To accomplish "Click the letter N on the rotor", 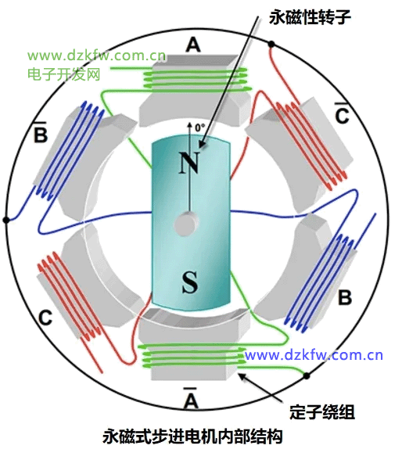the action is click(189, 163).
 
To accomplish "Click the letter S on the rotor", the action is click(190, 282).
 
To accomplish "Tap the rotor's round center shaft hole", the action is click(186, 224).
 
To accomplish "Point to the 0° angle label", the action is click(200, 128).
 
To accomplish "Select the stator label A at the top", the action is click(193, 45).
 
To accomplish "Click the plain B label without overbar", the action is click(345, 297).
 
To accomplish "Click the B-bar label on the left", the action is click(41, 132).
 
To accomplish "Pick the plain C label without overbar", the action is click(45, 318).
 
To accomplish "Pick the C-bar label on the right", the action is click(342, 113).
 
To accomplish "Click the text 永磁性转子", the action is click(310, 17).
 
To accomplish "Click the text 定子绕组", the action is click(322, 413).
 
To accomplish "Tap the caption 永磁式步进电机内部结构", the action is click(192, 436).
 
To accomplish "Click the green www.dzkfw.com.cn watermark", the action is click(96, 56).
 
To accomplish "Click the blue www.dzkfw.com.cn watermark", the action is click(314, 355).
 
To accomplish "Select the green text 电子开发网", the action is click(63, 74).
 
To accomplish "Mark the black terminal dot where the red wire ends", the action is click(271, 45).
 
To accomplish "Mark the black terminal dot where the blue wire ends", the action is click(6, 220).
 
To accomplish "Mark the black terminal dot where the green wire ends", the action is click(307, 375).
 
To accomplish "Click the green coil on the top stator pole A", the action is click(196, 79).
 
